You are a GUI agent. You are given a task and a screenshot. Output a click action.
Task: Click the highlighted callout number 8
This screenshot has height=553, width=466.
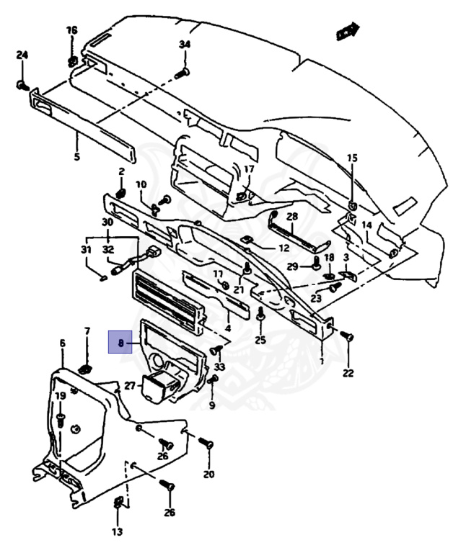tap(120, 343)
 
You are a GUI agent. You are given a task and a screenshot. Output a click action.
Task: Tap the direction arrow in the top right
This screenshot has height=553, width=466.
tap(347, 31)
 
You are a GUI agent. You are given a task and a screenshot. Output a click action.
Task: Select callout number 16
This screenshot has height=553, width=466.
tap(71, 30)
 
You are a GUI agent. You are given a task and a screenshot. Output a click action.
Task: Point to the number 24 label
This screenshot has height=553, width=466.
tap(22, 55)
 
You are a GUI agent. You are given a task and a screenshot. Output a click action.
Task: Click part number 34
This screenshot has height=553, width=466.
tap(184, 45)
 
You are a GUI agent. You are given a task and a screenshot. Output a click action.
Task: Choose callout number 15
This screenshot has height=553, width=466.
tap(352, 158)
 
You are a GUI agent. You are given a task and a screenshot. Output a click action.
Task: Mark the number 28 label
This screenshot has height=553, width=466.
tap(292, 216)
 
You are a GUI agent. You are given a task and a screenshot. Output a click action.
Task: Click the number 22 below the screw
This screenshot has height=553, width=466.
tap(348, 373)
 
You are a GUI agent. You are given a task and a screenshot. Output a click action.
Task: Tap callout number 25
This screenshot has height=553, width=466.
tap(260, 340)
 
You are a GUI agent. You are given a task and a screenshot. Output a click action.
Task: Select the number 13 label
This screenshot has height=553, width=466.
tap(117, 532)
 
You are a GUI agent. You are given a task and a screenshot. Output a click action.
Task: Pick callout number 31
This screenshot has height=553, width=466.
tap(87, 249)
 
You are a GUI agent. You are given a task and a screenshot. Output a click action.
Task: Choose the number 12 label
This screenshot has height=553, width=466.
tap(283, 248)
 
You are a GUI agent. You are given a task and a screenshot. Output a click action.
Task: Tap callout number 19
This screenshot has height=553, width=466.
tap(61, 396)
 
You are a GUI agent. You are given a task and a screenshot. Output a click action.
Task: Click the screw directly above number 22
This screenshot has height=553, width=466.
tap(347, 336)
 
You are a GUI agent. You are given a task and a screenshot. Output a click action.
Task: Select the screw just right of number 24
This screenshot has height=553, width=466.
tap(22, 86)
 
